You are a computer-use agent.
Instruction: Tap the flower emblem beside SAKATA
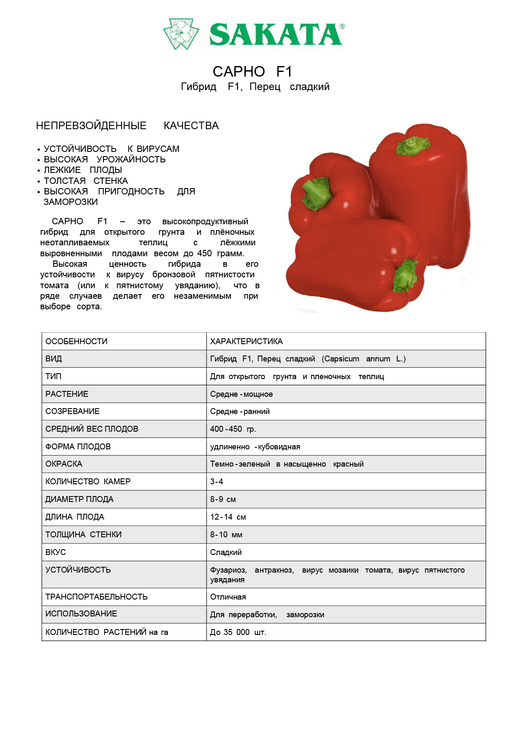(181, 34)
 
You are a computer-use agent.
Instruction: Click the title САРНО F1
(252, 72)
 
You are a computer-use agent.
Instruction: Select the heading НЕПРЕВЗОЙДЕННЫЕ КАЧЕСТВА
(127, 125)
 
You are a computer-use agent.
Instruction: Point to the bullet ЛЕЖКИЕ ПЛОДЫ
(83, 170)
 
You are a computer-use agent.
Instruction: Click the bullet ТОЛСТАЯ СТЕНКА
(86, 181)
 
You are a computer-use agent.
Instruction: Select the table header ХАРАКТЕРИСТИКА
(246, 341)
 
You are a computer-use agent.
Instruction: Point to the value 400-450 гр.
(233, 429)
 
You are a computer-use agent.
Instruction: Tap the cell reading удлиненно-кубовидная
(255, 447)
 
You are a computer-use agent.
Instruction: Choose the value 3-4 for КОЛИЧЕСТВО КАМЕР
(216, 481)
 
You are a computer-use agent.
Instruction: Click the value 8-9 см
(223, 499)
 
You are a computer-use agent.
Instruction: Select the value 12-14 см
(228, 517)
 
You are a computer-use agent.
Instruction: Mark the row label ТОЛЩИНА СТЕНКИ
(83, 534)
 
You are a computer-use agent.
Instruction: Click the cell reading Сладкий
(226, 552)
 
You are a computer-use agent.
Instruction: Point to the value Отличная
(228, 597)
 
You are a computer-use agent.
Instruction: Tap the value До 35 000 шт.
(238, 632)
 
